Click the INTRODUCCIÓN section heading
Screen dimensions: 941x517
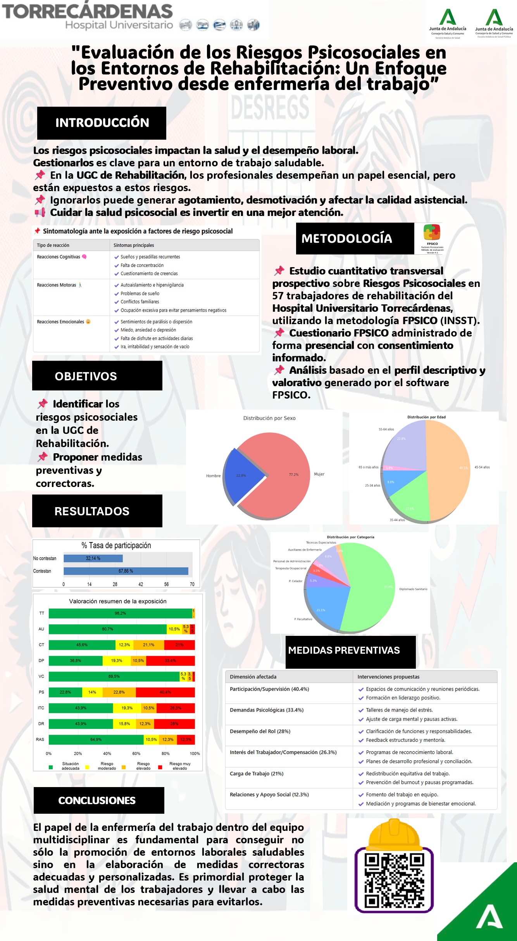click(102, 123)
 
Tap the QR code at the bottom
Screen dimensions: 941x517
click(394, 880)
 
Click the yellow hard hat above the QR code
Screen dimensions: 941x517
click(394, 834)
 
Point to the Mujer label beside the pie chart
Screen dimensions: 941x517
click(319, 474)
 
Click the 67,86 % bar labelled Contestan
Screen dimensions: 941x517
click(126, 571)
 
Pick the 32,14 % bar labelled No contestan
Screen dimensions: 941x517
click(93, 558)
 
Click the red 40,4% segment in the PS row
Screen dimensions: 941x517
click(165, 692)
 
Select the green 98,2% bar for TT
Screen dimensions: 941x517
click(120, 613)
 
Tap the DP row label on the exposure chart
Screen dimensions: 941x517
click(41, 661)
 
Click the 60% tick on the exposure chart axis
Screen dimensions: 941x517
click(136, 754)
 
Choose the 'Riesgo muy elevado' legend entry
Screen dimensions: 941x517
click(179, 766)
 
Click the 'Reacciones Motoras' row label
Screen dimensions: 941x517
click(57, 285)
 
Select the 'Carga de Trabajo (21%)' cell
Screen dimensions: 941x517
click(257, 774)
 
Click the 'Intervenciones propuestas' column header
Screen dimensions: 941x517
click(388, 677)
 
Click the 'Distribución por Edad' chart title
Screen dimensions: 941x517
click(426, 417)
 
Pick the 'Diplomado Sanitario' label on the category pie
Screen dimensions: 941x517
click(413, 589)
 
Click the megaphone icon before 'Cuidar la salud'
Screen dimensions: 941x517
click(40, 212)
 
